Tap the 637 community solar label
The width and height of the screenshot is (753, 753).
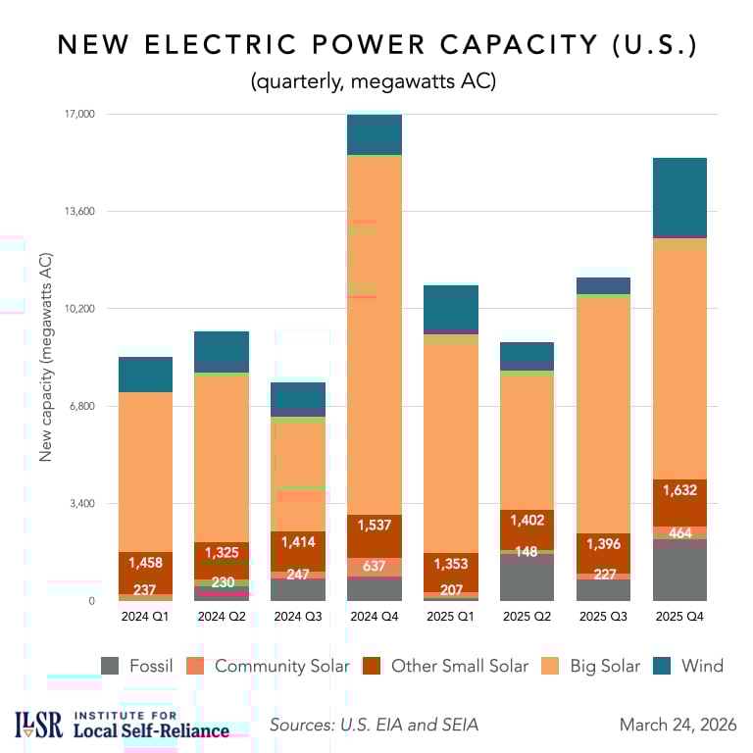[x=375, y=566]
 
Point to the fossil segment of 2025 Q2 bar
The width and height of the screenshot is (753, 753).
[x=527, y=577]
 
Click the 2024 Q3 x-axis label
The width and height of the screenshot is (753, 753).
[x=297, y=617]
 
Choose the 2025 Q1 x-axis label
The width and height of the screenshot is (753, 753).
[x=451, y=617]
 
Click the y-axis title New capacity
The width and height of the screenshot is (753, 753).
[x=45, y=357]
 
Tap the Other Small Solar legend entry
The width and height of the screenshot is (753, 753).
[x=444, y=666]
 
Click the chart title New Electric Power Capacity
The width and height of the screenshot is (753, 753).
[x=376, y=45]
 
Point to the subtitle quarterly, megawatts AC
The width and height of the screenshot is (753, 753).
[x=376, y=81]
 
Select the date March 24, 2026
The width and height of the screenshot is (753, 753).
[x=678, y=725]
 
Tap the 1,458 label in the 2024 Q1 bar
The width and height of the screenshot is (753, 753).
[x=145, y=564]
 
